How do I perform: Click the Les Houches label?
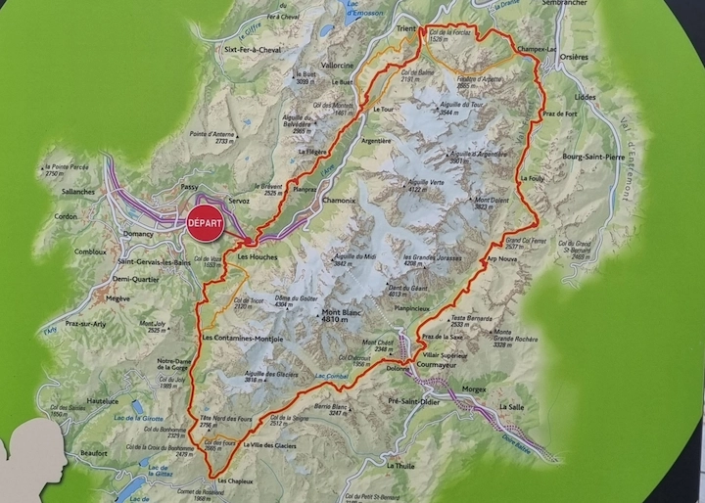pyautogui.click(x=258, y=257)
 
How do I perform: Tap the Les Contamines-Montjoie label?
pyautogui.click(x=242, y=339)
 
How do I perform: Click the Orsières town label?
pyautogui.click(x=576, y=57)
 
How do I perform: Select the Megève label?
pyautogui.click(x=118, y=298)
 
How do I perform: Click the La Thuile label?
pyautogui.click(x=400, y=466)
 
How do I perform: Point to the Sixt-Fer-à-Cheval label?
pyautogui.click(x=254, y=48)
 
